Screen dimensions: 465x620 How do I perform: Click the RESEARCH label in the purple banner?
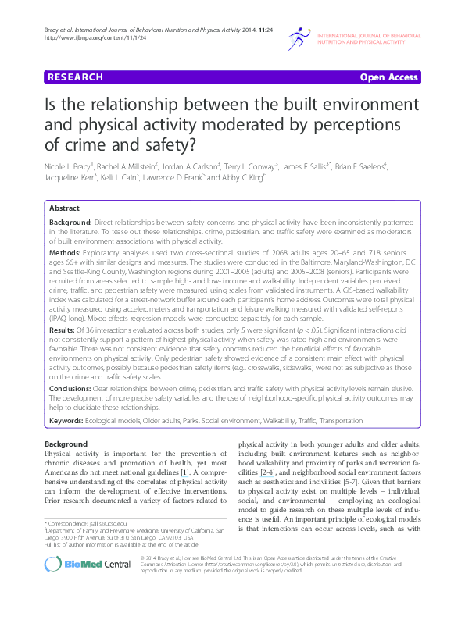[x=75, y=77]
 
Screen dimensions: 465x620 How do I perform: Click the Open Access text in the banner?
[x=388, y=77]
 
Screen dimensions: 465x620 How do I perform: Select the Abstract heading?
[x=64, y=209]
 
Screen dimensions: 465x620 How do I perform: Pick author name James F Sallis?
[x=307, y=166]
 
